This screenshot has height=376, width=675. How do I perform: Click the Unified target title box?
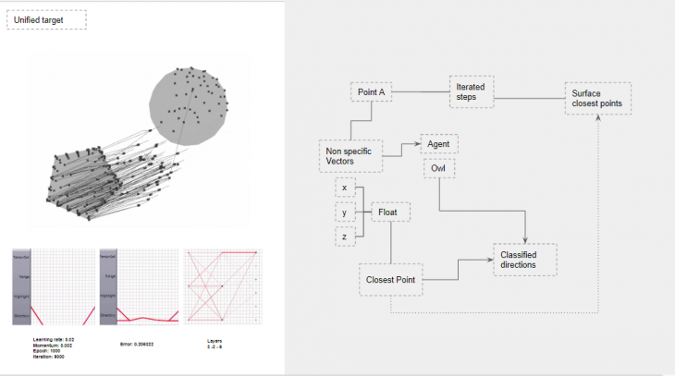coord(46,19)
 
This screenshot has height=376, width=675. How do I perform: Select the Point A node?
coord(371,91)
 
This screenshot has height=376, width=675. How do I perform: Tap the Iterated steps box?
coord(472,92)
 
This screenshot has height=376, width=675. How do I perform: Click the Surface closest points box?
coord(598,99)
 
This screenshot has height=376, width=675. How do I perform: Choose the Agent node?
coord(438,144)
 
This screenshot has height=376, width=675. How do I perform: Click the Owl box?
coord(438,168)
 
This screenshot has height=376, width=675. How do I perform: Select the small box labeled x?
coord(344,188)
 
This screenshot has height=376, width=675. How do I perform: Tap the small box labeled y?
coord(344,213)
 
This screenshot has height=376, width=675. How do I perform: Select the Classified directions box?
coord(524,261)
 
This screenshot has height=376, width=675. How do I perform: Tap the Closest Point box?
coord(389,279)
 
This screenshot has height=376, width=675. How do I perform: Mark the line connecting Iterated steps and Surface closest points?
coord(529,94)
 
